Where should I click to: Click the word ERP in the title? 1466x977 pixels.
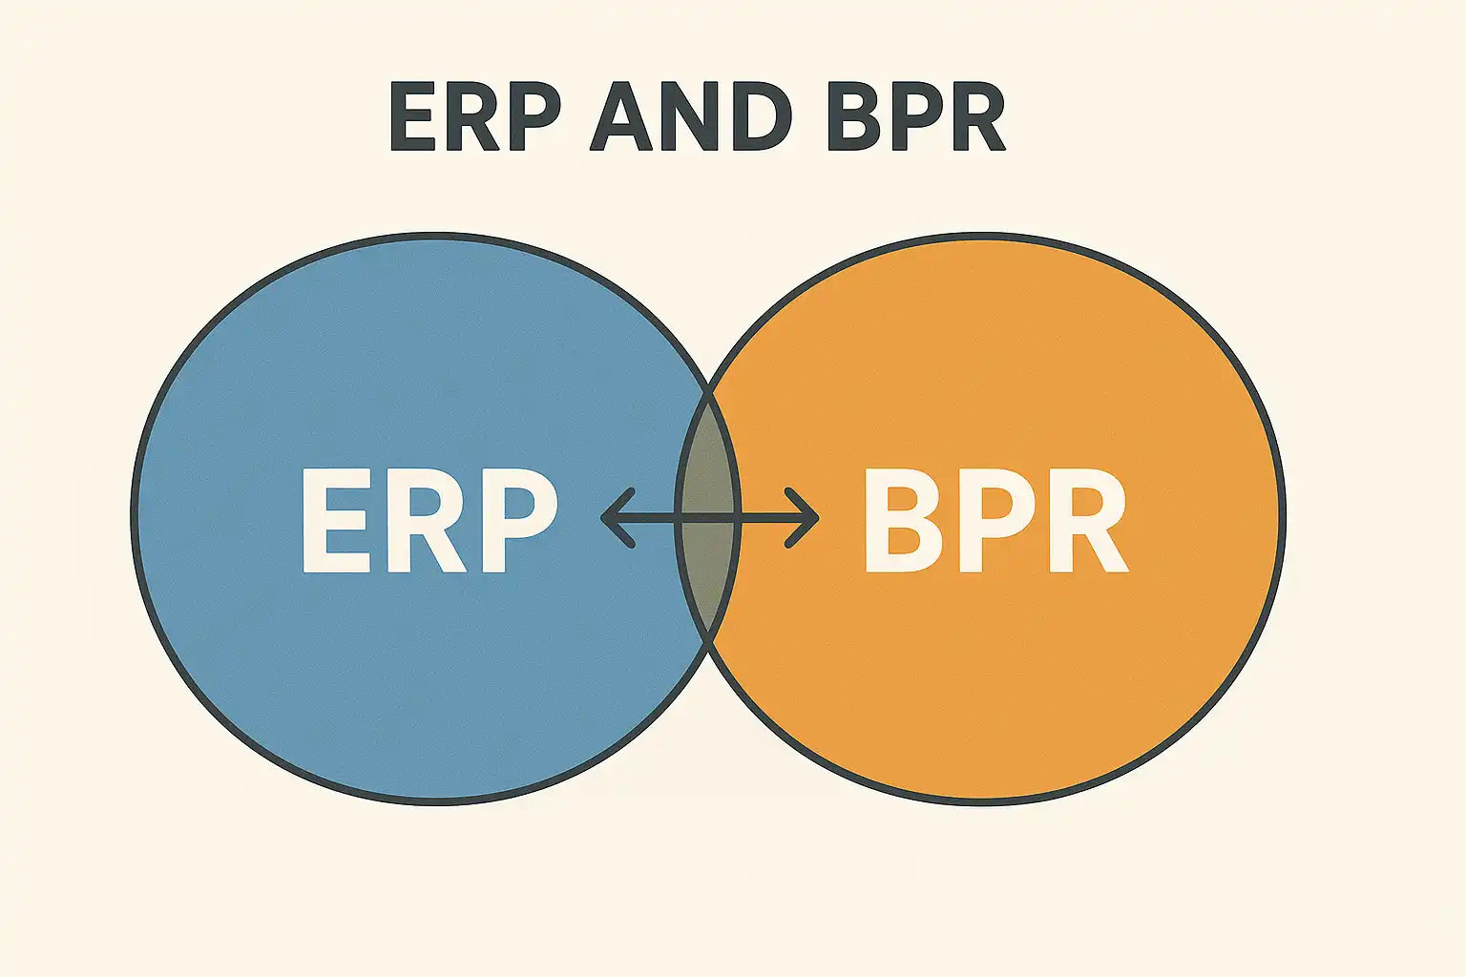[475, 115]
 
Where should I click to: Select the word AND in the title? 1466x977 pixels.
[692, 115]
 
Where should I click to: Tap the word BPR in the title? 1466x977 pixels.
[916, 115]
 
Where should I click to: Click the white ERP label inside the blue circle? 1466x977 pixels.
[430, 521]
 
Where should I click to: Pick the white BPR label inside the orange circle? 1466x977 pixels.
[996, 521]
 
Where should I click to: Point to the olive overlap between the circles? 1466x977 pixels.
[708, 517]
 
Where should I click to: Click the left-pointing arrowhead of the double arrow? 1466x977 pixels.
[618, 518]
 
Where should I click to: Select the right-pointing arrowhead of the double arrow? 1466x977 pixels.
[802, 518]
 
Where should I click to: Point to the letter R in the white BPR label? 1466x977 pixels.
[1088, 521]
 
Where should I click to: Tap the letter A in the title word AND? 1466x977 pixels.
[621, 115]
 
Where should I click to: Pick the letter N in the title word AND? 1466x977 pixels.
[690, 115]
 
